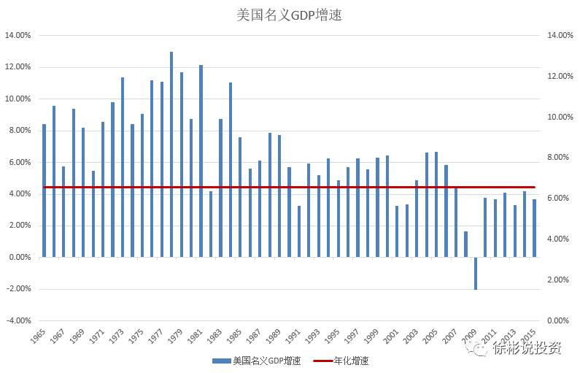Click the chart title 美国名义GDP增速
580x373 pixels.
click(x=290, y=14)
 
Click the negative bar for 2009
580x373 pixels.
click(x=475, y=273)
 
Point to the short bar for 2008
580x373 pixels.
click(x=465, y=244)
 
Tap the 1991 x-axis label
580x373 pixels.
click(x=295, y=337)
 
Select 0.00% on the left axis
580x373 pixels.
click(x=18, y=257)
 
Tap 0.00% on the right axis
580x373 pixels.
click(x=559, y=320)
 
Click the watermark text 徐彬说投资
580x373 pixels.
click(x=526, y=348)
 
